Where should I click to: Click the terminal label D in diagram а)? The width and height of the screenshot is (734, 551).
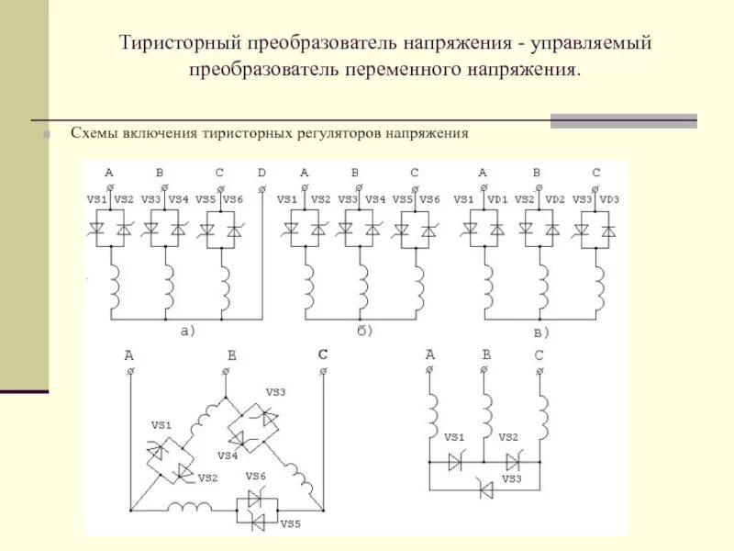261,173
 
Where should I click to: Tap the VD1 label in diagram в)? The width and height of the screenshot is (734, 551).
499,200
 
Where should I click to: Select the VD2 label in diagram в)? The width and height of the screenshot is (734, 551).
555,200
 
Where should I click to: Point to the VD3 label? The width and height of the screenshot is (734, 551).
610,200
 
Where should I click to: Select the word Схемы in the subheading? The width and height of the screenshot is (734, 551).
93,133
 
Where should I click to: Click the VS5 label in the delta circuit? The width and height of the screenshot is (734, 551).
291,523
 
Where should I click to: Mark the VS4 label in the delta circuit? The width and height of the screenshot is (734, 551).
228,455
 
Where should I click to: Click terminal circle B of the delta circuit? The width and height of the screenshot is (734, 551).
227,372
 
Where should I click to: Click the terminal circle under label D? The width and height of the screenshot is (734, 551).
261,188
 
